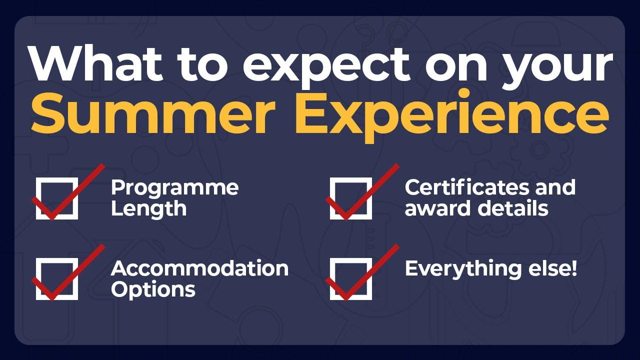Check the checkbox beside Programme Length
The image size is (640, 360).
(57, 198)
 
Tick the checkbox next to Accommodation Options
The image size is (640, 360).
(57, 279)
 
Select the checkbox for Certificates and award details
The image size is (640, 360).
(351, 198)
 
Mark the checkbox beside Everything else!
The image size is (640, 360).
(351, 279)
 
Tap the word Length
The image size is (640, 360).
(148, 208)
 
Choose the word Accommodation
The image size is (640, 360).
(199, 269)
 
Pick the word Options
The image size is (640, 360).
(153, 289)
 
